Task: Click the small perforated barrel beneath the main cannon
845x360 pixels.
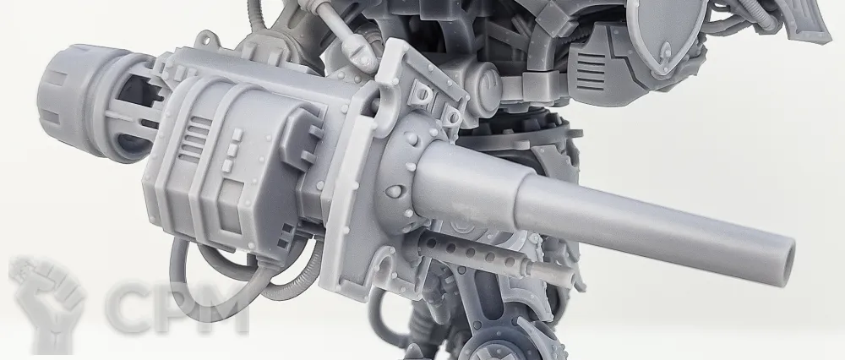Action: (x=474, y=254)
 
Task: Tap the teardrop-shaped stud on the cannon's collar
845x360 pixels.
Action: (x=395, y=191)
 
